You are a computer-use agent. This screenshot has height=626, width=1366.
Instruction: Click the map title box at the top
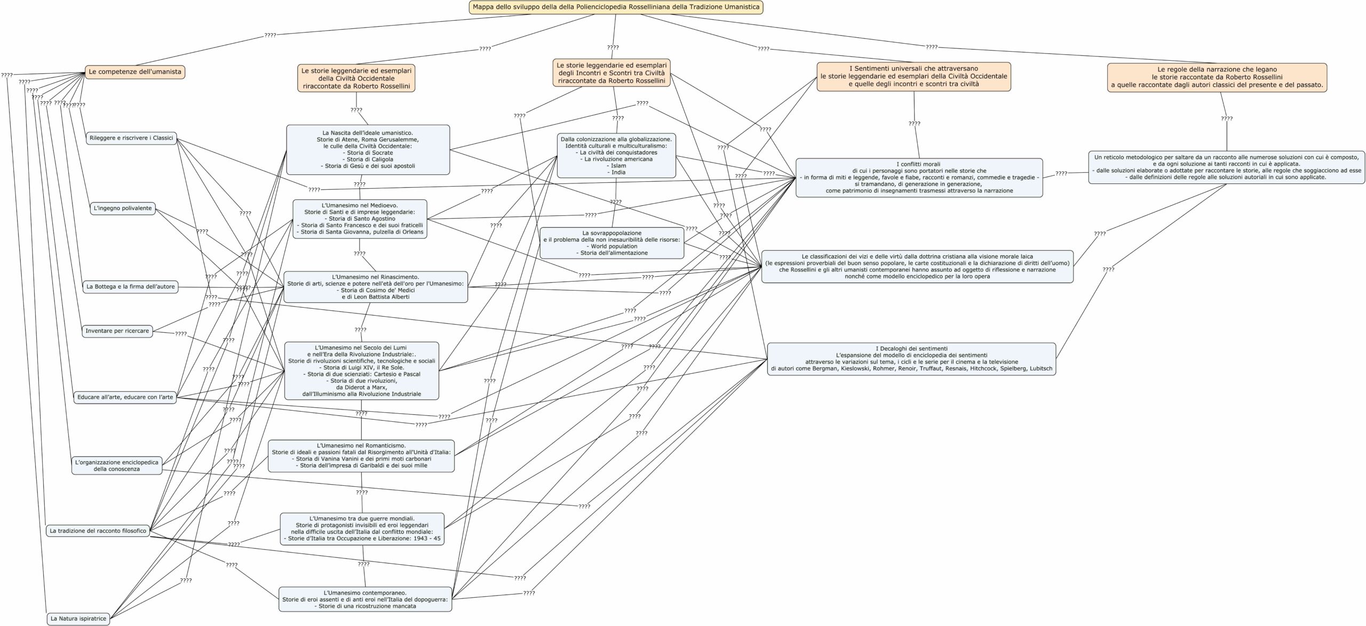(x=616, y=7)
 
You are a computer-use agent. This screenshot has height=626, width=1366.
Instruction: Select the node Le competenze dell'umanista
(x=135, y=71)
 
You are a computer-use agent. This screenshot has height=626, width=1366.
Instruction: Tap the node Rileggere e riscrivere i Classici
(x=131, y=138)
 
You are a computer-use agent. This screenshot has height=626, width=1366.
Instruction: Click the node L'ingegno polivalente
(x=123, y=208)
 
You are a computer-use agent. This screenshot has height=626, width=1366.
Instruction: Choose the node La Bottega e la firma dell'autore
(x=130, y=287)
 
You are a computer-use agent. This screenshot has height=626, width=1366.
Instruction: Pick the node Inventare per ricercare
(x=117, y=331)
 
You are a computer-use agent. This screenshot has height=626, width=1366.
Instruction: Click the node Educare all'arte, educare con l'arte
(x=125, y=397)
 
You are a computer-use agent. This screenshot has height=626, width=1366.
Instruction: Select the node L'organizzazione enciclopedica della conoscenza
(x=117, y=466)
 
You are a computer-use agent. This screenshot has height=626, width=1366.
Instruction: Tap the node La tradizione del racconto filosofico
(x=98, y=531)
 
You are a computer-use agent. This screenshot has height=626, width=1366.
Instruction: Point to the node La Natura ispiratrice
(x=78, y=619)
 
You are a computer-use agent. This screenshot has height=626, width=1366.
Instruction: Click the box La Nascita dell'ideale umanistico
(x=368, y=149)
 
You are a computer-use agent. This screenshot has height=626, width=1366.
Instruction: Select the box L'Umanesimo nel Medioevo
(x=360, y=219)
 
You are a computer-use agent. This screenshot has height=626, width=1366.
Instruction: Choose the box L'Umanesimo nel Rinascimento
(x=376, y=287)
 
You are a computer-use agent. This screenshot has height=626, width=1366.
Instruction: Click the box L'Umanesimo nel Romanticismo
(x=361, y=455)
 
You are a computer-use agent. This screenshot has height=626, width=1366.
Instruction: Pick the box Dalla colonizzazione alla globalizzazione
(x=616, y=156)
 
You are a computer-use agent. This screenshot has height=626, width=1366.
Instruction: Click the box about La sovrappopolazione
(x=611, y=243)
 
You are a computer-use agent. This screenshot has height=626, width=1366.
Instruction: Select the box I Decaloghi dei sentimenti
(x=911, y=358)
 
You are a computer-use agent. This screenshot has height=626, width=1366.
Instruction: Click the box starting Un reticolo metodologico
(x=1226, y=167)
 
